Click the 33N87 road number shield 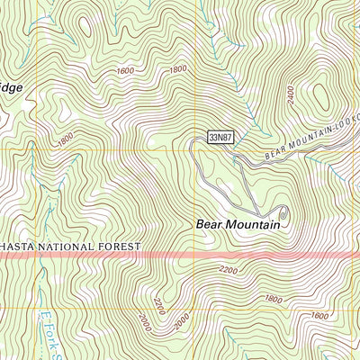click(220, 138)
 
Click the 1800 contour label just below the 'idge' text click(64, 139)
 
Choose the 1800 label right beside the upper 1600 click(177, 69)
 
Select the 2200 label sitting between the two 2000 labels click(161, 307)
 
